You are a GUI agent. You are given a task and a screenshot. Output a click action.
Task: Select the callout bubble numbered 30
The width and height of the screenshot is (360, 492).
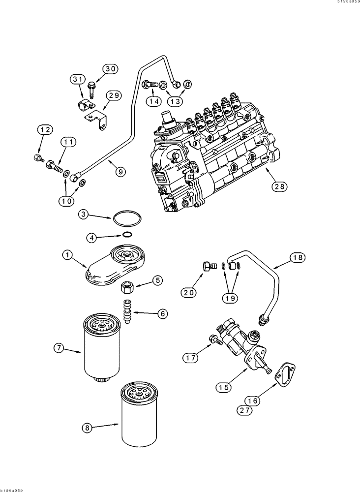point(111,69)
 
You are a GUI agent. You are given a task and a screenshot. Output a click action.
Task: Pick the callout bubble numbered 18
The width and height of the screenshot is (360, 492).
point(297,257)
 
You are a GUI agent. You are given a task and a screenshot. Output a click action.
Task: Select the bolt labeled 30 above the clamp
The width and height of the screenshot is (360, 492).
point(91,89)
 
